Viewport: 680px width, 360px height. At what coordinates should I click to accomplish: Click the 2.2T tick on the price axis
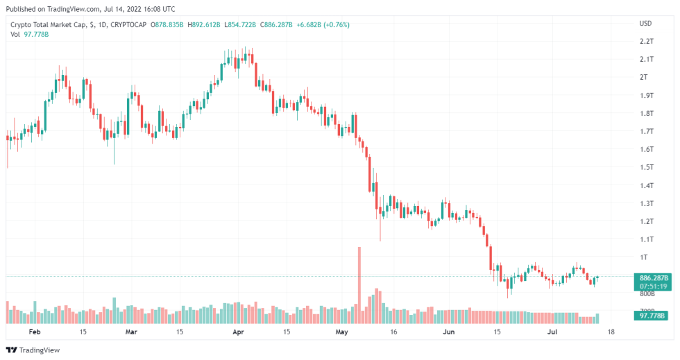pos(646,41)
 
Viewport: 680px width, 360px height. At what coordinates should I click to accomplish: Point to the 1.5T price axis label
pos(646,167)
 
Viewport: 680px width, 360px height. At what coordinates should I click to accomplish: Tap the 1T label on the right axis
pos(643,257)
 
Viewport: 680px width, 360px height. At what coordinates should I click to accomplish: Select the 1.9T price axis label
pos(646,95)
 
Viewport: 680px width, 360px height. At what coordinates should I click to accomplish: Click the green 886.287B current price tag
pos(653,277)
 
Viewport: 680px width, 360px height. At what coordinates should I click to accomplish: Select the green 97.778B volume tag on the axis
pos(653,316)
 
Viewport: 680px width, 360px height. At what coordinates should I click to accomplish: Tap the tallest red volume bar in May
pos(359,284)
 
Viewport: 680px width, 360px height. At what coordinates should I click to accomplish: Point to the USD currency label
pos(645,23)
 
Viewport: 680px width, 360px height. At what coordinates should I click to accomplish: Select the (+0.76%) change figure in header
pos(334,25)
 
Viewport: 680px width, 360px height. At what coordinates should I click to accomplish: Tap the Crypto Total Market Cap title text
pos(48,25)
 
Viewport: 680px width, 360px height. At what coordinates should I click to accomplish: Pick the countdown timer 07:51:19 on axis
pos(653,286)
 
